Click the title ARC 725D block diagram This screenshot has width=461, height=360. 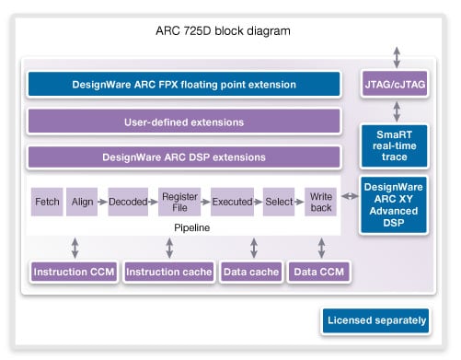click(x=225, y=31)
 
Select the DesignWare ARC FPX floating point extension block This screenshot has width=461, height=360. click(x=184, y=85)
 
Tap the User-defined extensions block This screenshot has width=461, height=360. click(x=184, y=122)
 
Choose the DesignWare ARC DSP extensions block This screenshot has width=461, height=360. click(x=184, y=157)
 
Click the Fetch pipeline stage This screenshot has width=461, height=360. click(x=47, y=201)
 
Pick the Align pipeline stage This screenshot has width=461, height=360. click(x=82, y=201)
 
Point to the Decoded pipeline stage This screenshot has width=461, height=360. click(x=127, y=201)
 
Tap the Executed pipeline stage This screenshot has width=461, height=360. click(x=232, y=201)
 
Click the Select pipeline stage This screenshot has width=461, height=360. click(x=279, y=201)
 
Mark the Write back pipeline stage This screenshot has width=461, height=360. click(x=320, y=201)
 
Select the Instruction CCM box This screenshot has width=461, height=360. click(x=73, y=272)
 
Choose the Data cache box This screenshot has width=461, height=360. click(x=250, y=272)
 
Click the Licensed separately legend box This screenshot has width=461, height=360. click(x=375, y=321)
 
